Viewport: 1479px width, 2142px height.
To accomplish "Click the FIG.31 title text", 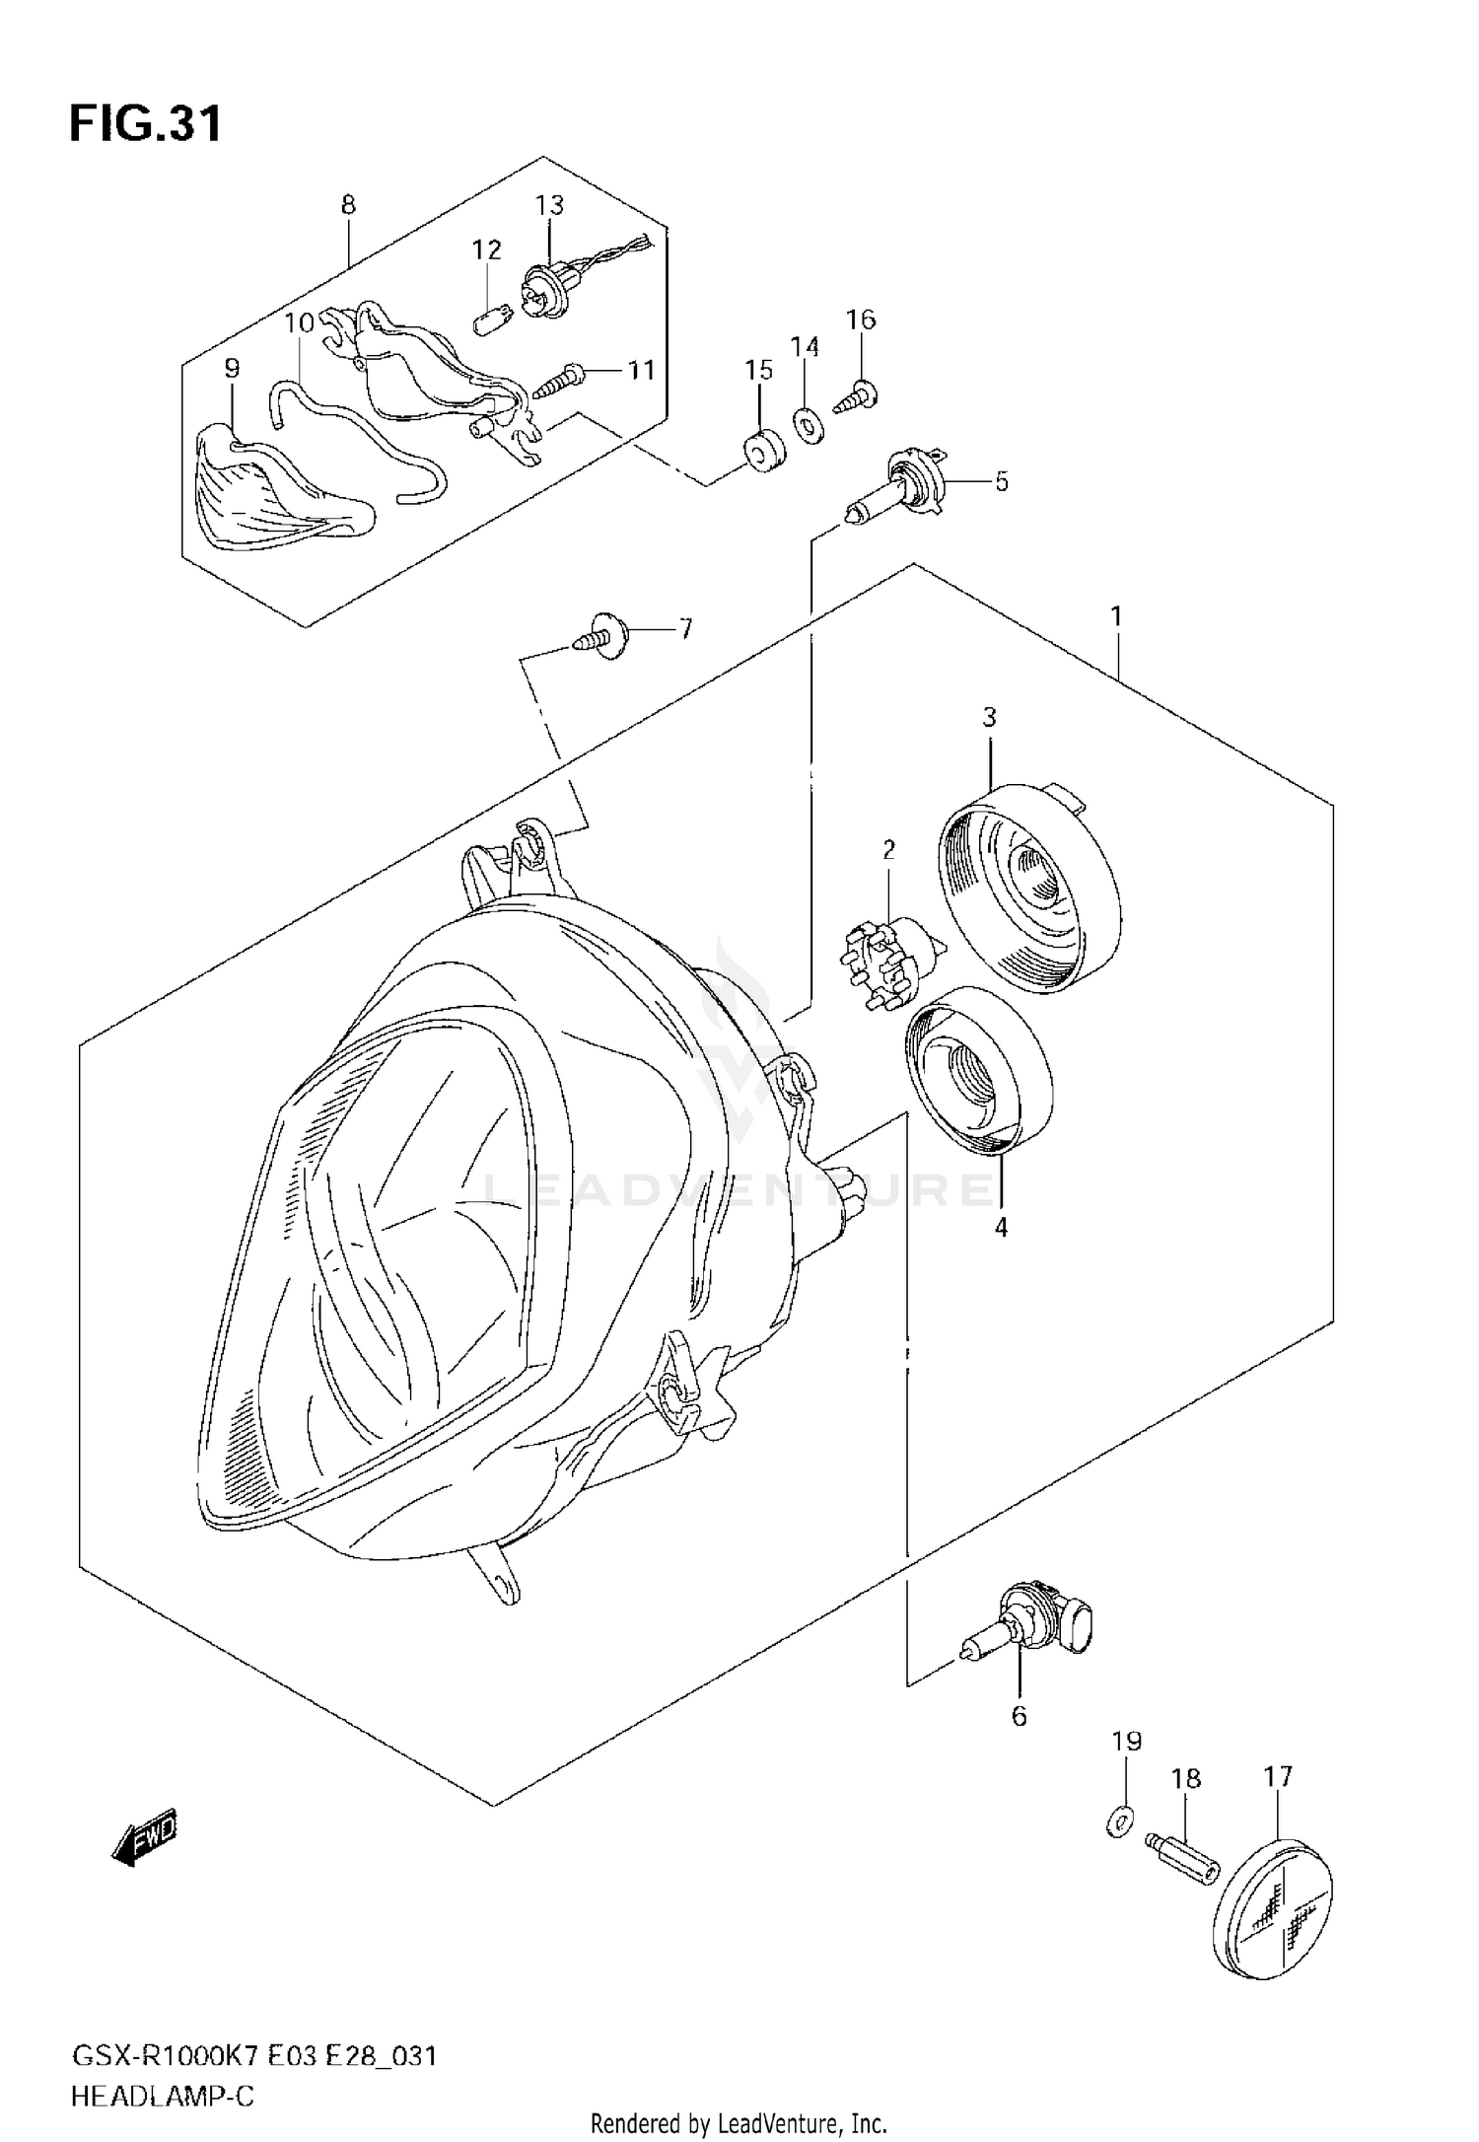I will coord(146,124).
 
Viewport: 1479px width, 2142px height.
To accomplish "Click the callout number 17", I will coord(1278,1776).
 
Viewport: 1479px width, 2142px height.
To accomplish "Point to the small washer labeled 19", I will coord(1120,1823).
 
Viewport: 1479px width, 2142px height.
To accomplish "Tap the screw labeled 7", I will coord(603,636).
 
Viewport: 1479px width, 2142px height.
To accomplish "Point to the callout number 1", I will coord(1116,617).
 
